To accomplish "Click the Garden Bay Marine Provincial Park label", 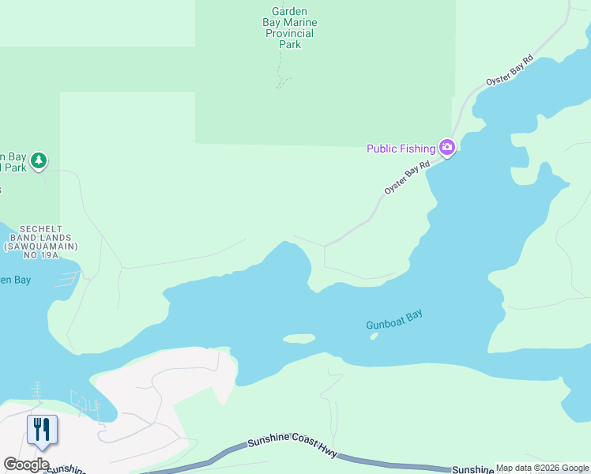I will [290, 28].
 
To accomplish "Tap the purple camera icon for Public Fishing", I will [447, 148].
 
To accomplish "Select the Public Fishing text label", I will [401, 149].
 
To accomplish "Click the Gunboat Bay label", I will [394, 319].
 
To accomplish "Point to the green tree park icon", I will [39, 161].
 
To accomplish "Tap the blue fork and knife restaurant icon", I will [40, 430].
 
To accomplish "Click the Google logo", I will [26, 465].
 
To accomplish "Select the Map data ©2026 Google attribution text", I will [543, 468].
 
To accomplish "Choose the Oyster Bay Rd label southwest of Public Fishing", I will [407, 178].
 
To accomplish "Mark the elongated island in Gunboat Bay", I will [299, 339].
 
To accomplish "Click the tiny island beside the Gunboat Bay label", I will [373, 336].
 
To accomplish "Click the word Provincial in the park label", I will [290, 34].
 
